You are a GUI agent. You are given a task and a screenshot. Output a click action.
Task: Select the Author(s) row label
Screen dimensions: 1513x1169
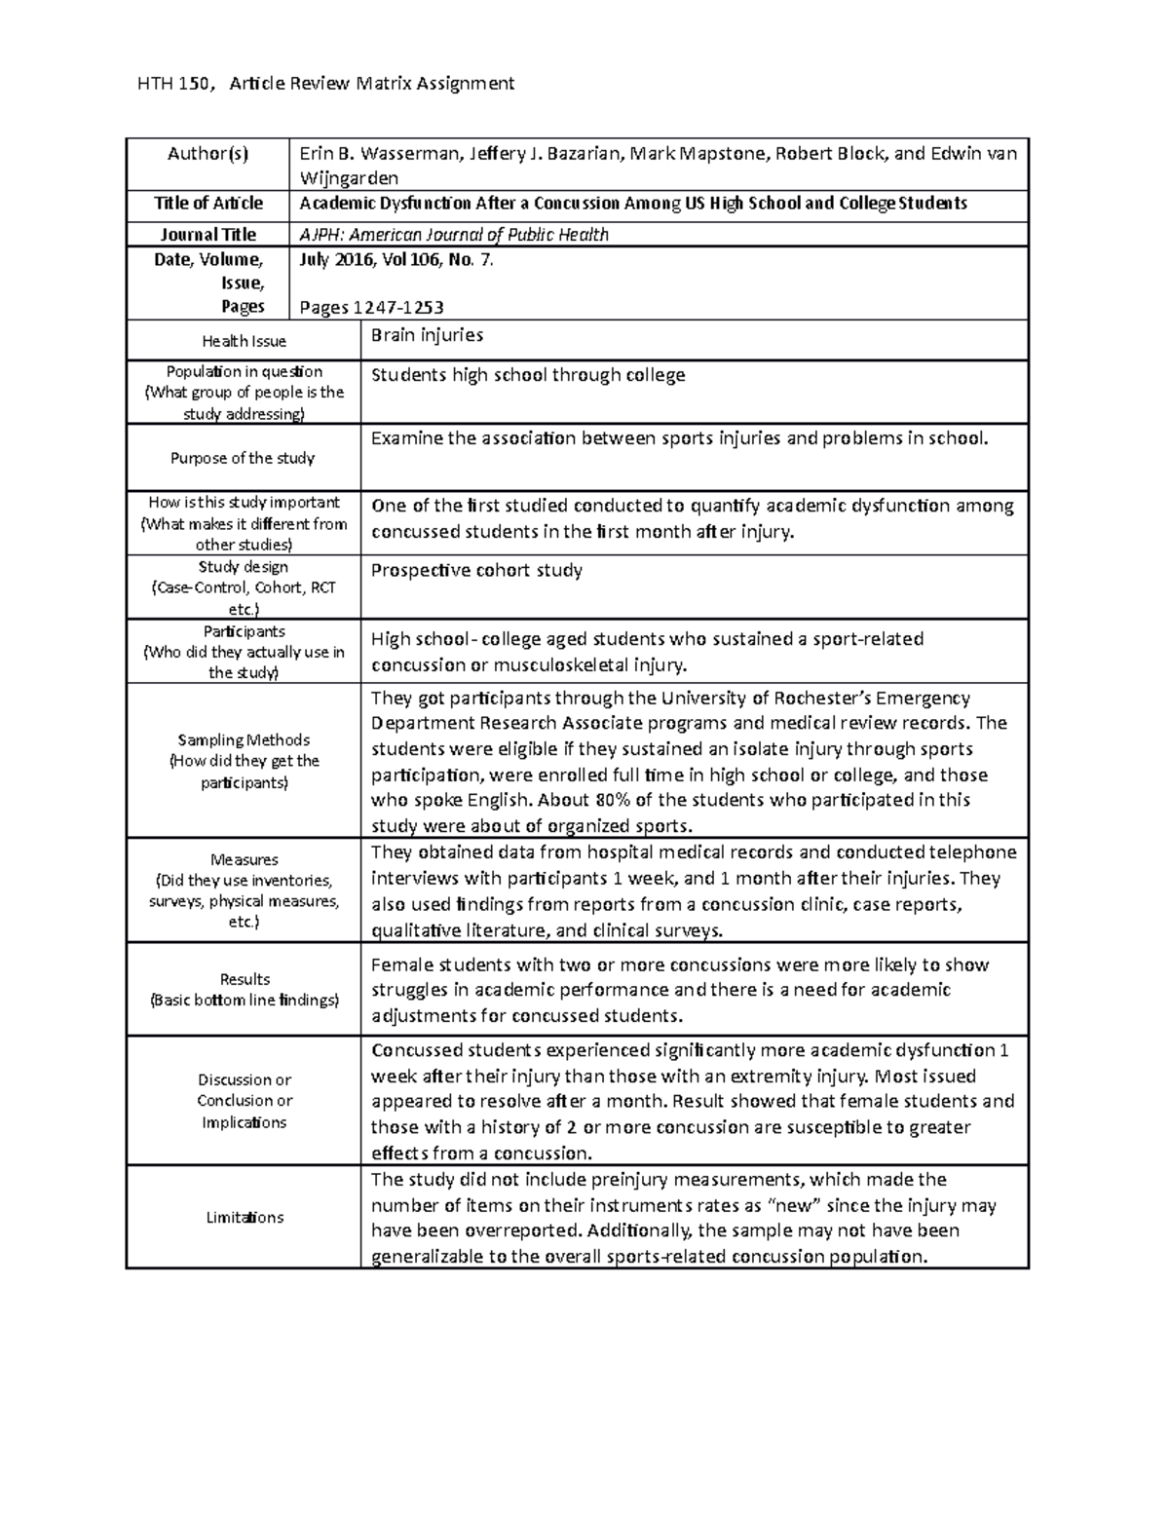[207, 153]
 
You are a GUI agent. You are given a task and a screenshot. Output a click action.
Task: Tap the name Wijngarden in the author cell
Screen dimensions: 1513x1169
[349, 178]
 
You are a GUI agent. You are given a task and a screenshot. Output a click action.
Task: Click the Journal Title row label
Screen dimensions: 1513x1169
[207, 234]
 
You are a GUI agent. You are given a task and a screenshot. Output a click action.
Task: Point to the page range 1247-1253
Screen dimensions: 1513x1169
[398, 308]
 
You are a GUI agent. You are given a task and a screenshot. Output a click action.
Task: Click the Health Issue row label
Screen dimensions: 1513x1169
[244, 341]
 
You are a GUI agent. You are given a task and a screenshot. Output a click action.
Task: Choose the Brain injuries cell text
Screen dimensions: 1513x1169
[427, 335]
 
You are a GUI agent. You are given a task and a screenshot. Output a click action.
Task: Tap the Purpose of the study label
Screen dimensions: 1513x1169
[243, 458]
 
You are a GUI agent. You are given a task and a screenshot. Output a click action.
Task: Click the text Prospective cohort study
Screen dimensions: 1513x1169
[476, 570]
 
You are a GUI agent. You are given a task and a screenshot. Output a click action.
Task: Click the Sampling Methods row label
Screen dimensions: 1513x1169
[244, 740]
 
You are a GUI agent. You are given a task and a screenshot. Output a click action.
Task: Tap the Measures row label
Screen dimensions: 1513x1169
[244, 859]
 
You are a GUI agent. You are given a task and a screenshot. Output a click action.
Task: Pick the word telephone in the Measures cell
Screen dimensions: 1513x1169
[972, 851]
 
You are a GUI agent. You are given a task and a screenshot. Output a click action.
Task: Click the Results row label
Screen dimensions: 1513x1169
[245, 979]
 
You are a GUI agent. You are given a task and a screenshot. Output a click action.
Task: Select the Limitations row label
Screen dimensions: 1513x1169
[244, 1217]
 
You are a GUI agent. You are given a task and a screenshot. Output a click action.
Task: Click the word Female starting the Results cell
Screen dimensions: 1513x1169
[401, 965]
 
